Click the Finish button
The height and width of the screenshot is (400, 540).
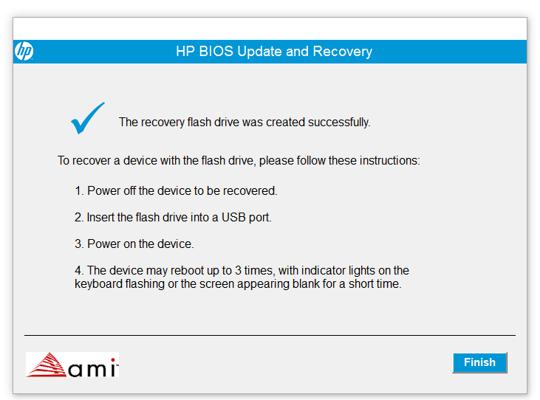(479, 362)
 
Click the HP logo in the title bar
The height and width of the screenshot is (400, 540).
(24, 52)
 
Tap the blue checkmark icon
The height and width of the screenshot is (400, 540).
(87, 119)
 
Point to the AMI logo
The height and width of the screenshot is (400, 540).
(72, 365)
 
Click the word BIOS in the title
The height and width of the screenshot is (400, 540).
(219, 52)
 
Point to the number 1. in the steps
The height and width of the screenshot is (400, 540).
(79, 191)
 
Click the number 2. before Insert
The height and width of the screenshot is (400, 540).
(79, 218)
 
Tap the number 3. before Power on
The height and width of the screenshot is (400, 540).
(79, 244)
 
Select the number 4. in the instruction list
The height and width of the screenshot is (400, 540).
(79, 271)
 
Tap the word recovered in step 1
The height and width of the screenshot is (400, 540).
(251, 191)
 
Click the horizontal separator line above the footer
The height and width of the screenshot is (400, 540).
(270, 335)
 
